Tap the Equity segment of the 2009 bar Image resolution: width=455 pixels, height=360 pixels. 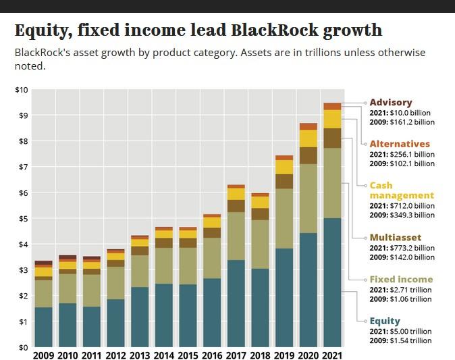43,327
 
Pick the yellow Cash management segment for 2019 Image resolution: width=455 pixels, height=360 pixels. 284,167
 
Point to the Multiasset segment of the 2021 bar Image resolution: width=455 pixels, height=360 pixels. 332,138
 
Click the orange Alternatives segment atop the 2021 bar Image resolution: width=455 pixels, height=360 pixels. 332,106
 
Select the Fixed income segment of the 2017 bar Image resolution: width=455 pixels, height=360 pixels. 236,236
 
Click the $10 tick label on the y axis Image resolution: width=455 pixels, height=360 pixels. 22,90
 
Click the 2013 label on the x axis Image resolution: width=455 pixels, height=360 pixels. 140,355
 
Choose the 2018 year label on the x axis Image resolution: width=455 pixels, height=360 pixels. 260,355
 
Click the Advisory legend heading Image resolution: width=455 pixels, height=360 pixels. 390,103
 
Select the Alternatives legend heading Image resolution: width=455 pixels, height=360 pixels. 399,144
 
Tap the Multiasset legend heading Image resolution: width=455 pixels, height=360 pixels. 395,238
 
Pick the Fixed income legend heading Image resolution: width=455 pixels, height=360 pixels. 401,279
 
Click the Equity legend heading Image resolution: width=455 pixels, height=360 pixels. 385,321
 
